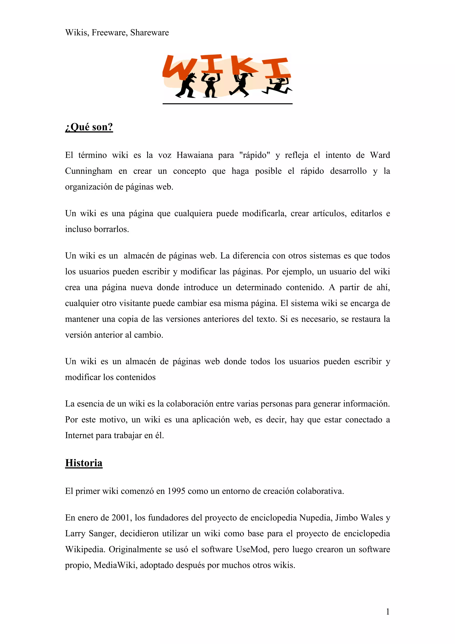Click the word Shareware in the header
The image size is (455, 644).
pos(150,32)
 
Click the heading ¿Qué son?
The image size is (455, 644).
pos(89,127)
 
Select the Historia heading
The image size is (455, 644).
pos(84,463)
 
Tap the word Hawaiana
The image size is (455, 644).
pos(195,155)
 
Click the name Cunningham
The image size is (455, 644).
pos(89,171)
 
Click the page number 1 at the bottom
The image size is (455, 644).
pos(388,612)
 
